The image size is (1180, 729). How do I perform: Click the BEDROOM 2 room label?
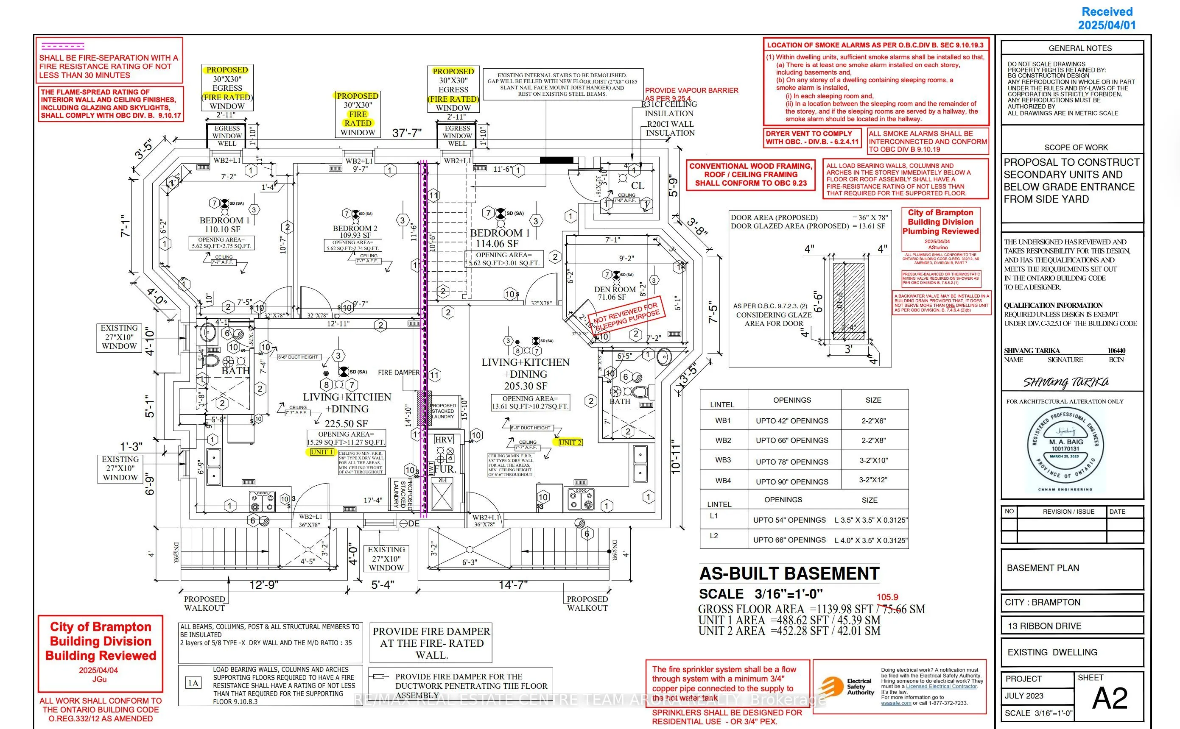(x=355, y=228)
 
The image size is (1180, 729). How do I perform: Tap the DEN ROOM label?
(x=615, y=289)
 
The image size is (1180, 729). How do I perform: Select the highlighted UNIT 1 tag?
(x=322, y=452)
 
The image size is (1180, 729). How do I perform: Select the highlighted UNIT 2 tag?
(x=570, y=442)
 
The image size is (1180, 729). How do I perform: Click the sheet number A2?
(x=1110, y=698)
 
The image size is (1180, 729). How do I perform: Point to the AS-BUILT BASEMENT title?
(x=789, y=573)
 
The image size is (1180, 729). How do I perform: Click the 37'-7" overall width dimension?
(x=407, y=133)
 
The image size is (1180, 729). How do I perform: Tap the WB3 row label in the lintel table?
(x=723, y=460)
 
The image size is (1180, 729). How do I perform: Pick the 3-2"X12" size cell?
(x=873, y=480)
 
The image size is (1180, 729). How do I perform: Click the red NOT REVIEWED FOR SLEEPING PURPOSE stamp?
(x=626, y=316)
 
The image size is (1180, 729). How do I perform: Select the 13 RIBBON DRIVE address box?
(x=1072, y=626)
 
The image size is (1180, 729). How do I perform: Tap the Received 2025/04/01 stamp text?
(x=1107, y=18)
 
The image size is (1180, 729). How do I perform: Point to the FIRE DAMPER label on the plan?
(x=398, y=372)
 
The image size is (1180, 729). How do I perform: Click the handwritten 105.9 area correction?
(x=887, y=597)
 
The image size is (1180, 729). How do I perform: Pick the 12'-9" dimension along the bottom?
(x=263, y=585)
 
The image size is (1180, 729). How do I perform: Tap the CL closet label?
(x=637, y=185)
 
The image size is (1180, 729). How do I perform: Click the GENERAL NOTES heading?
(x=1079, y=48)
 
